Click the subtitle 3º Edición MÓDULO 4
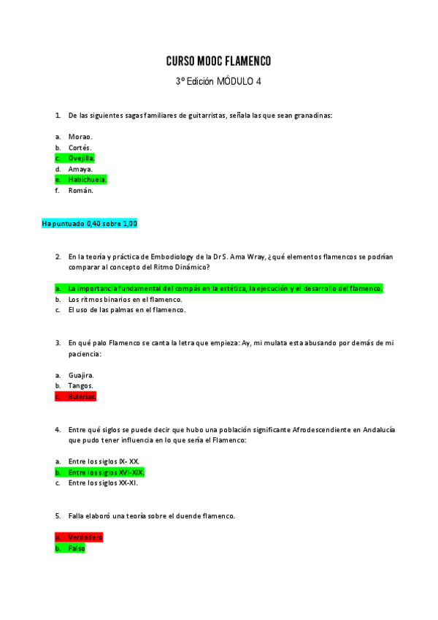click(218, 82)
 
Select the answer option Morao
click(80, 137)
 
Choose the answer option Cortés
click(80, 148)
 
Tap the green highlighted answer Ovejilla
click(81, 158)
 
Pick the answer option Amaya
click(80, 169)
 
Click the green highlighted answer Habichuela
click(87, 179)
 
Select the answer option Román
click(80, 190)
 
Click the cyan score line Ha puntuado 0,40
click(90, 223)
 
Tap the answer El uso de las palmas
click(126, 309)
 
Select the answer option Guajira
click(81, 375)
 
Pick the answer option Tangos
click(80, 385)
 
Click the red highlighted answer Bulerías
click(82, 396)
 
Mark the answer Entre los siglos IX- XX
click(104, 461)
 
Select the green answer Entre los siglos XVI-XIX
click(106, 472)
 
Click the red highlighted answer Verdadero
click(85, 537)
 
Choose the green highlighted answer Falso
click(77, 548)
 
